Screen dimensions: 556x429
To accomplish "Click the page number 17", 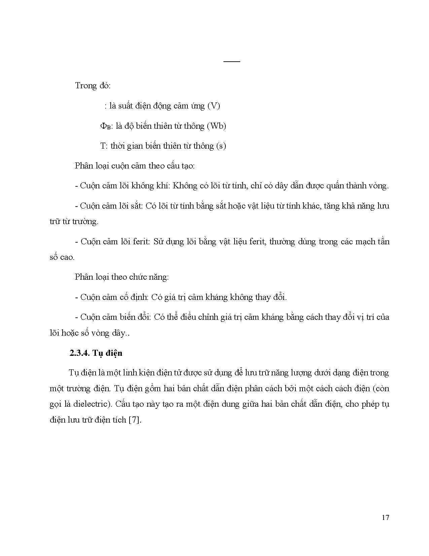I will coord(386,518).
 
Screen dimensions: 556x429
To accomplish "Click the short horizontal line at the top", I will coord(232,62).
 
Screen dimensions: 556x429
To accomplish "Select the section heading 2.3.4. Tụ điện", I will coord(96,353).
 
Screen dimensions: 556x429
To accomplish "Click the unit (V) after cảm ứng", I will coord(213,106).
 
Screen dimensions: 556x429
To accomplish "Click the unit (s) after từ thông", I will coord(221,146).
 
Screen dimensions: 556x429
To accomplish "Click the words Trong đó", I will coord(93,86).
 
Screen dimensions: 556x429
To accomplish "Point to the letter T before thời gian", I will coord(103,146).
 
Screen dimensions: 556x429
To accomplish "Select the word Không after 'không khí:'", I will coord(184,186).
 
